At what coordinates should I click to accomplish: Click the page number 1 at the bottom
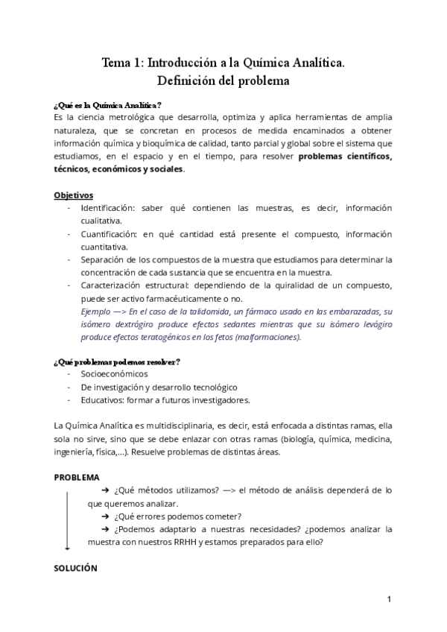(x=389, y=599)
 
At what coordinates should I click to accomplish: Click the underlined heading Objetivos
(x=73, y=195)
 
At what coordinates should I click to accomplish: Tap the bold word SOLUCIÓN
(x=76, y=568)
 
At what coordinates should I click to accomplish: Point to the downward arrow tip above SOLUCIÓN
(x=68, y=548)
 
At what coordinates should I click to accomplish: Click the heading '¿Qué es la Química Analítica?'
(x=107, y=104)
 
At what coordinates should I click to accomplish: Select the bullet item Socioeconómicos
(x=115, y=374)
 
